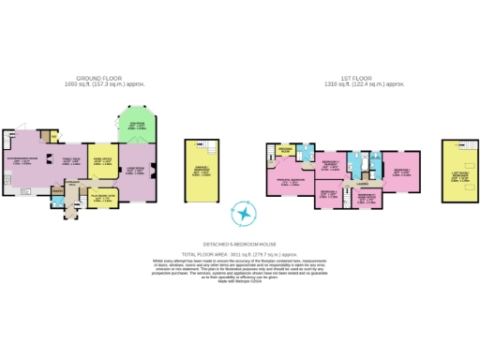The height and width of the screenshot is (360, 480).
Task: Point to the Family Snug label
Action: (71, 161)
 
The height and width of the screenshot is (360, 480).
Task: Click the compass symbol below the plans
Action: (245, 215)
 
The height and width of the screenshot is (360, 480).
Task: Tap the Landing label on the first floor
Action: (361, 185)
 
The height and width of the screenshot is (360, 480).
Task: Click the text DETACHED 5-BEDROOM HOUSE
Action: (245, 241)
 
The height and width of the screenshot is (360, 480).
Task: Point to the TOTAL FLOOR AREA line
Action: (245, 252)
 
